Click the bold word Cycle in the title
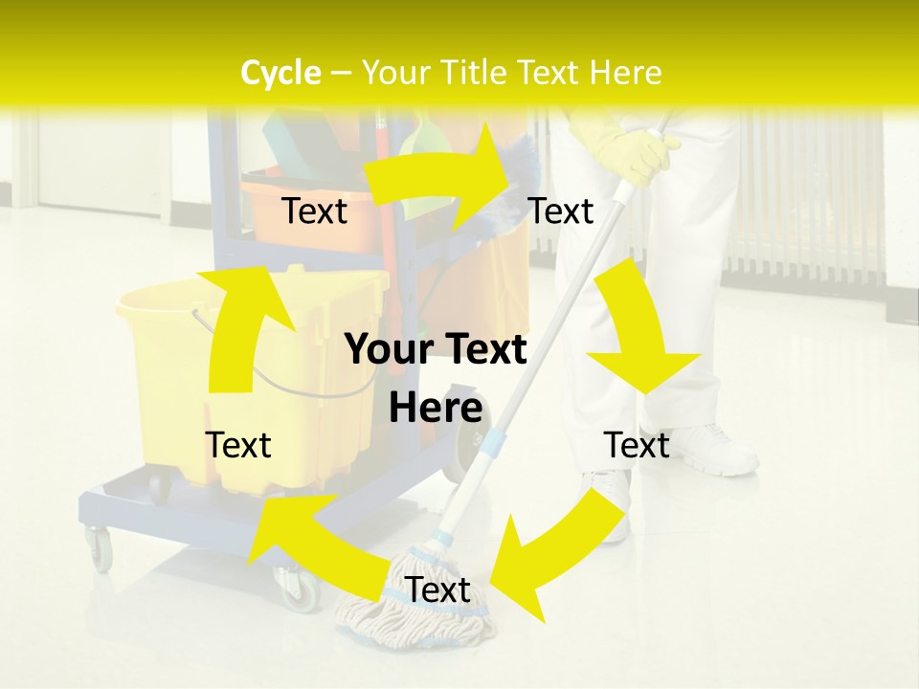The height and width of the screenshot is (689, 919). click(x=280, y=73)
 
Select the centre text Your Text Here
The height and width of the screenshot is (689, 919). click(x=436, y=378)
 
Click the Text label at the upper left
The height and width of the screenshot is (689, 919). click(x=315, y=211)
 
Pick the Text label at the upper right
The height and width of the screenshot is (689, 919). click(x=561, y=211)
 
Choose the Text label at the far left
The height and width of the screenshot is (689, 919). click(x=238, y=445)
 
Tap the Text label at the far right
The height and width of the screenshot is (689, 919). click(x=637, y=445)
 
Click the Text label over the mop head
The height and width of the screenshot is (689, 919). click(x=437, y=590)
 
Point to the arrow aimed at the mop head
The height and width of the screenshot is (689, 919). click(x=555, y=555)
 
